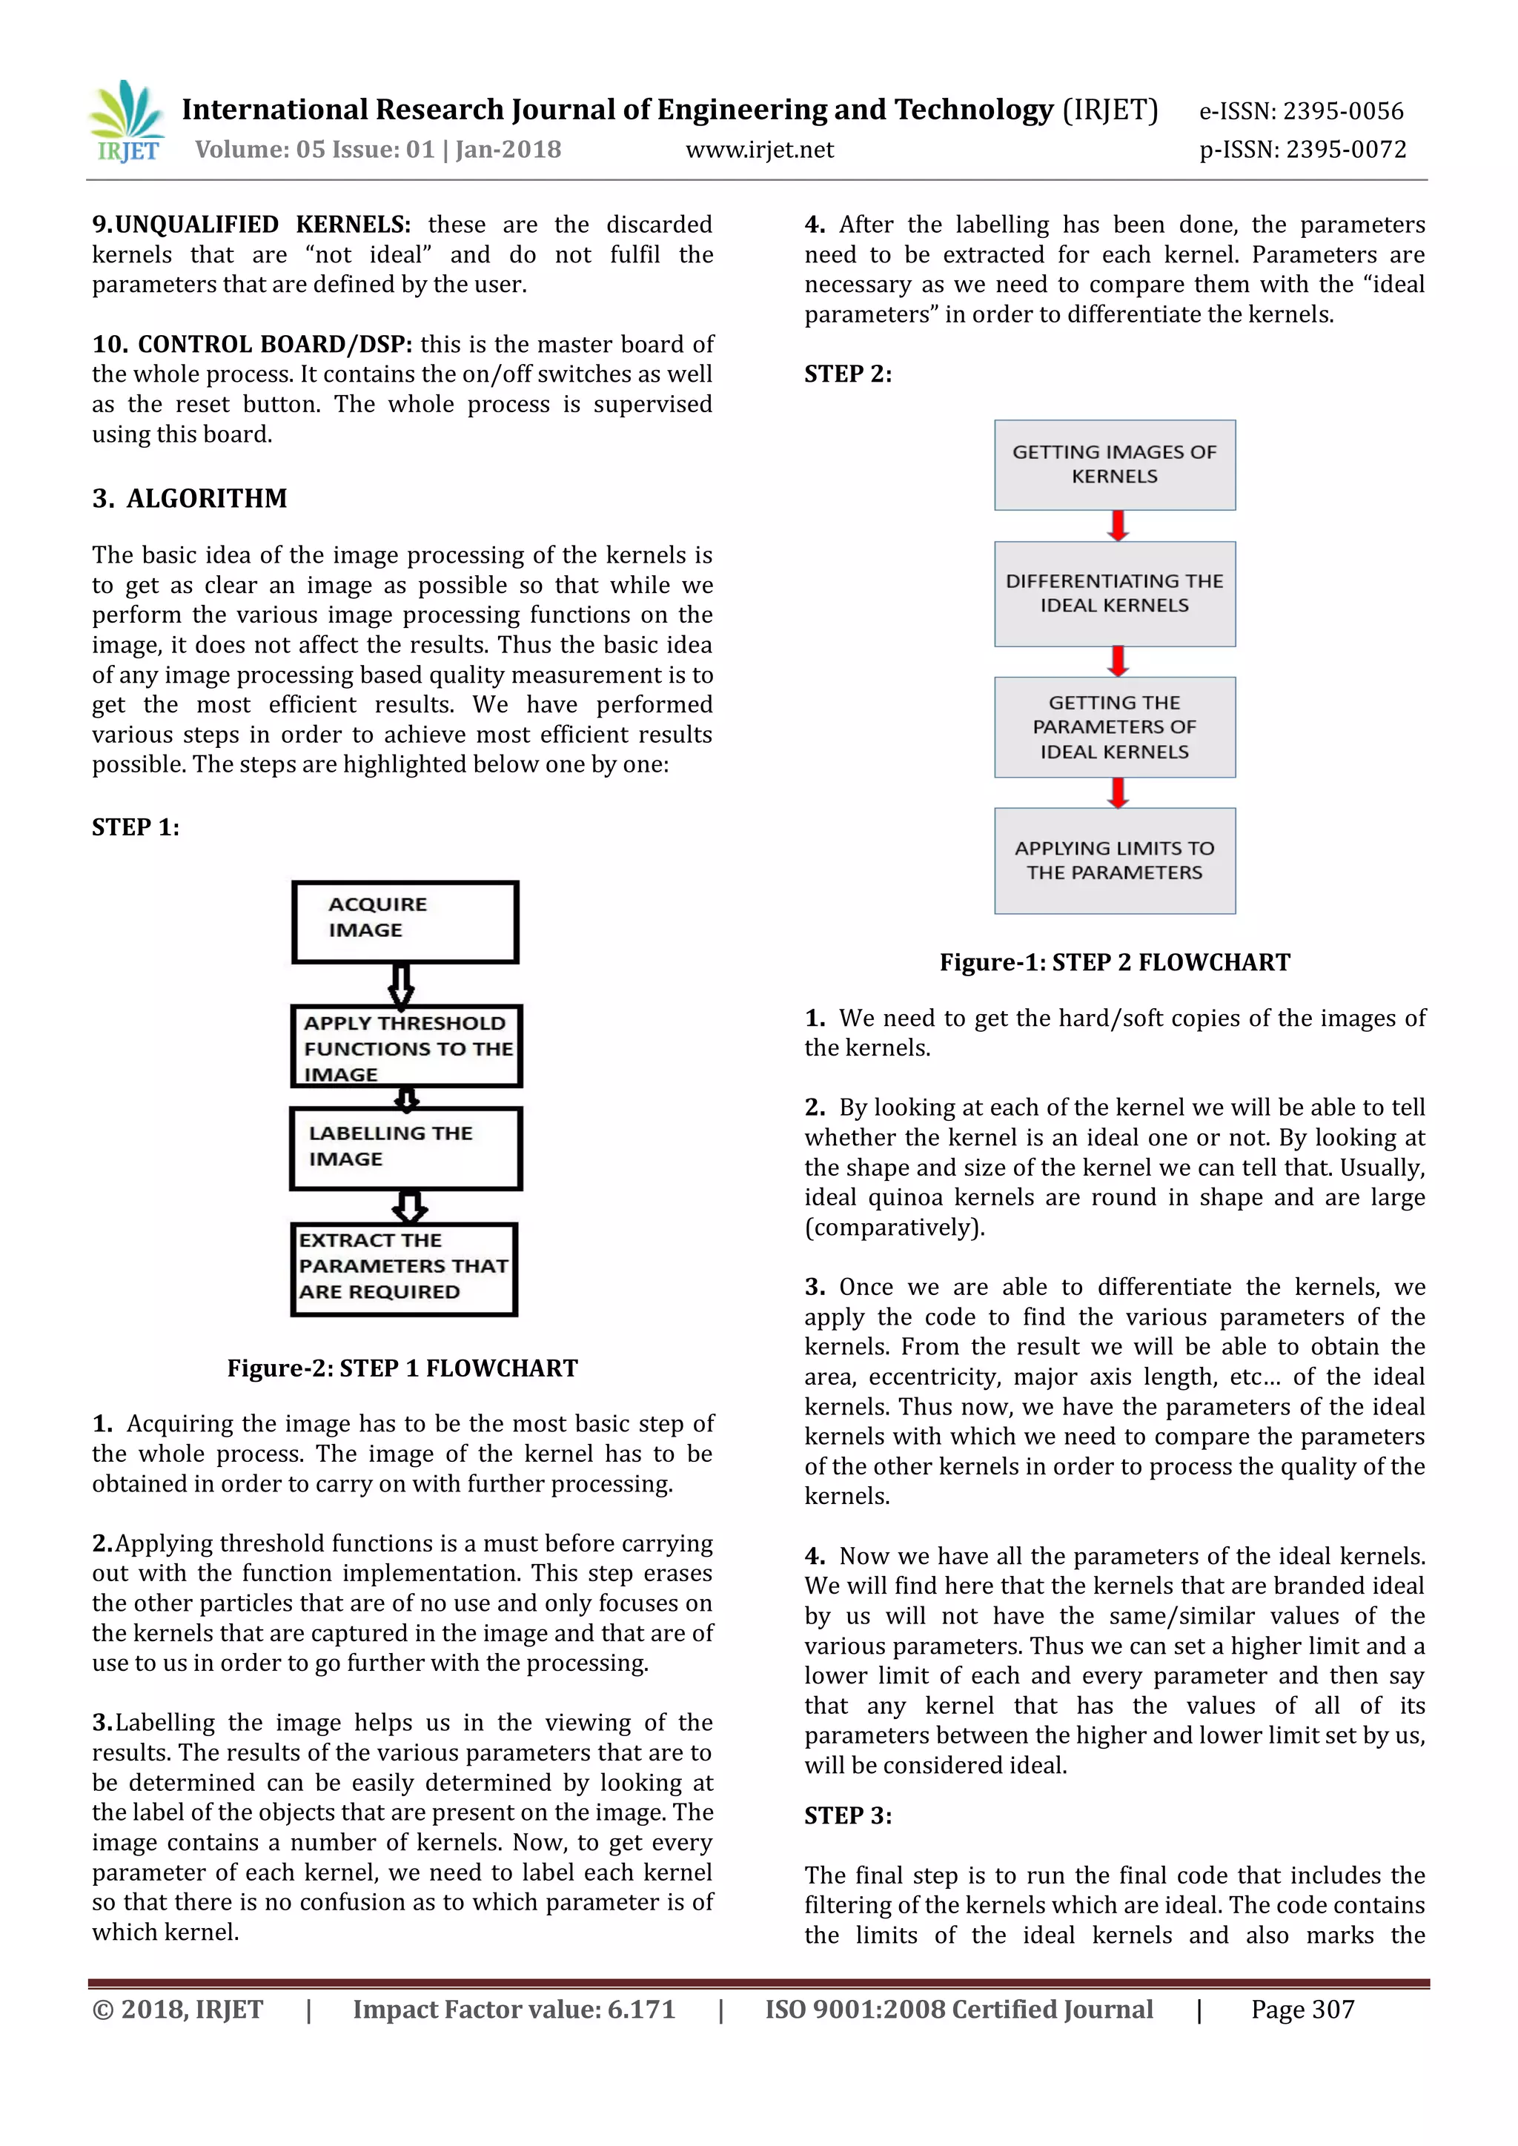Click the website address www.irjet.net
coord(759,150)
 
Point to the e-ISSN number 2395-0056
coord(1342,111)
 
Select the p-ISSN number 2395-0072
coord(1345,150)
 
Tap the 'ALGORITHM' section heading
coord(207,498)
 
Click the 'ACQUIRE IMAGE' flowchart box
coord(405,921)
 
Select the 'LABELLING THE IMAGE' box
coord(405,1147)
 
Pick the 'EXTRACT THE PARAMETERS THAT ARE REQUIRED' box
coord(404,1268)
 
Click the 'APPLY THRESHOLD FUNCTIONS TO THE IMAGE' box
coord(405,1047)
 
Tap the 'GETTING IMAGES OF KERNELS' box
coord(1114,465)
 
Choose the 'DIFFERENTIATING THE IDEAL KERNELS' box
coord(1114,594)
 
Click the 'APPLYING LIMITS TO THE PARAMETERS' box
coord(1114,860)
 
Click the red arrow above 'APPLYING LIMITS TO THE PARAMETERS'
coord(1117,792)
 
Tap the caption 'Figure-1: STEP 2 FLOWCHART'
coord(1114,963)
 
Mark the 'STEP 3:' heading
coord(848,1816)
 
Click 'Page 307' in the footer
coord(1302,2010)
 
